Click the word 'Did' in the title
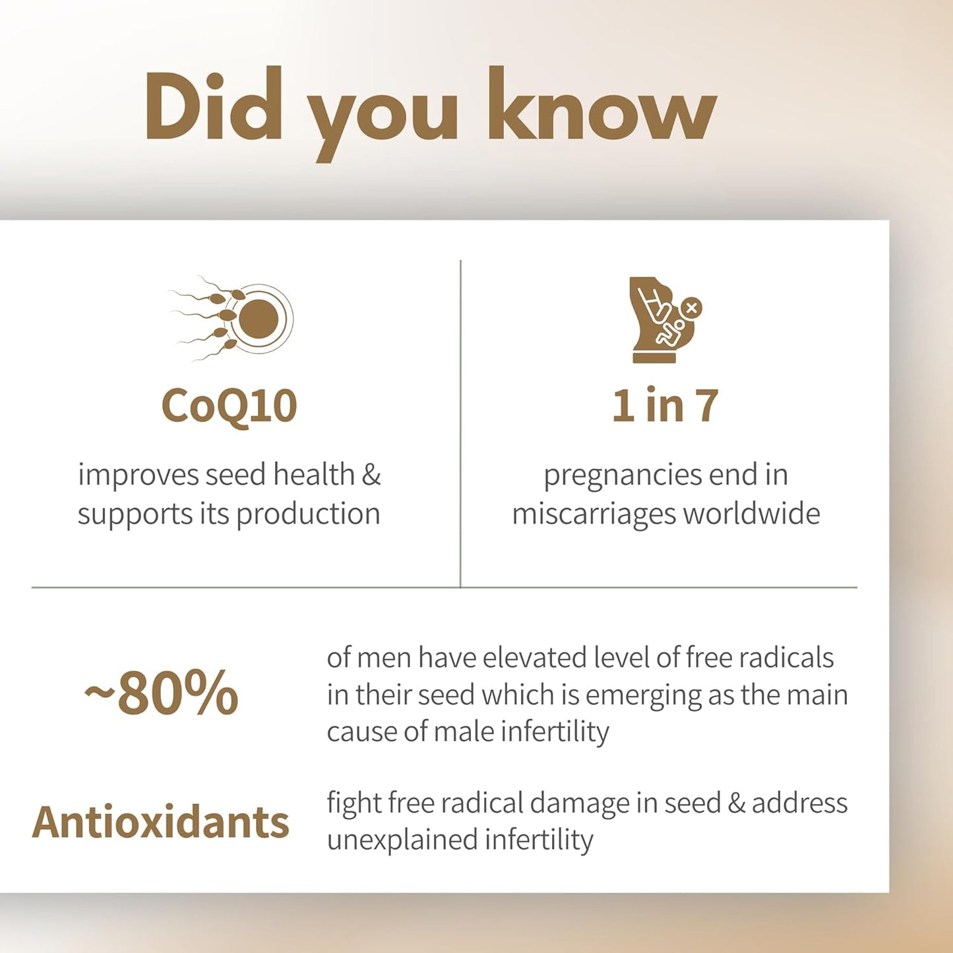212,106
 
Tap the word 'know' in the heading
601,106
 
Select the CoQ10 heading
229,406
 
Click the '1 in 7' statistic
665,406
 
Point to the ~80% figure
162,693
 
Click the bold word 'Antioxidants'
160,822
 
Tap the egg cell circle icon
258,319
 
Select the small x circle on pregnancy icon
691,307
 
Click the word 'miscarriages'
593,514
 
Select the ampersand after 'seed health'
371,475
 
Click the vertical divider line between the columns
460,422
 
